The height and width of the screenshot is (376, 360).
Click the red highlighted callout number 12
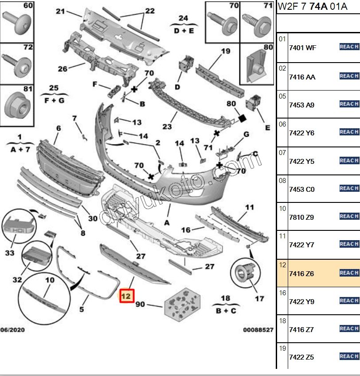126,295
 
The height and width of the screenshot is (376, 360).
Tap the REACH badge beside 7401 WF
349,47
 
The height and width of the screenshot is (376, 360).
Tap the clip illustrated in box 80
257,66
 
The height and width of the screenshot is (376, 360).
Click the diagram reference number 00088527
258,330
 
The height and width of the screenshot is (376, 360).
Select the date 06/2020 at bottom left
12,330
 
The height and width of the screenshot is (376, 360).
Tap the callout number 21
60,11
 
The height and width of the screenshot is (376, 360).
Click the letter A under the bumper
167,222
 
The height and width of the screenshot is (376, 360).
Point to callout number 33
9,253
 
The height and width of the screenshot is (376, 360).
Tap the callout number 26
63,69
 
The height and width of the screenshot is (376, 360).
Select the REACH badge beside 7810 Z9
349,216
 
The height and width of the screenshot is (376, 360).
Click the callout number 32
17,280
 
